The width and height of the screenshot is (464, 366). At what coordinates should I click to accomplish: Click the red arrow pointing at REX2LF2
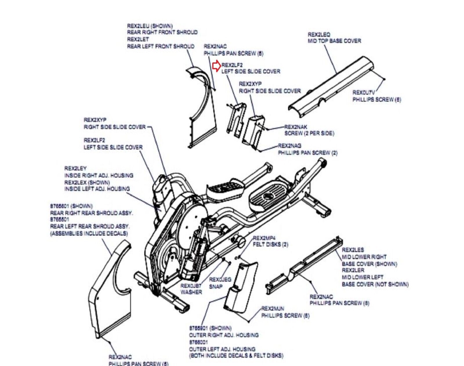[216, 66]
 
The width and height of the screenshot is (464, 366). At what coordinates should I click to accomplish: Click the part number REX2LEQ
[319, 35]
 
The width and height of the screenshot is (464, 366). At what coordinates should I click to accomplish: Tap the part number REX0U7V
[363, 93]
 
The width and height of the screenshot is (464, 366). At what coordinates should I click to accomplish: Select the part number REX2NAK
[296, 127]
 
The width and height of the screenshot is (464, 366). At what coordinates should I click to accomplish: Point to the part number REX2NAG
[289, 146]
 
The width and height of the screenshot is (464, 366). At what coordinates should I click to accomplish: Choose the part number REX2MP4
[264, 238]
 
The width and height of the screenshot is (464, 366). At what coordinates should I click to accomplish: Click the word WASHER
[191, 292]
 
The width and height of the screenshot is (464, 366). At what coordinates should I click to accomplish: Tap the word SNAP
[216, 286]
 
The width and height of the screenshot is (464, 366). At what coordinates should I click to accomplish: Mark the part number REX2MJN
[273, 308]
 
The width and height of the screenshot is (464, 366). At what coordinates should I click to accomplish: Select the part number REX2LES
[353, 250]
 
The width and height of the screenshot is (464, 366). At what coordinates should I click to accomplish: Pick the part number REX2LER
[353, 270]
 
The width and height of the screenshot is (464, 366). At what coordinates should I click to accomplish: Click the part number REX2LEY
[75, 168]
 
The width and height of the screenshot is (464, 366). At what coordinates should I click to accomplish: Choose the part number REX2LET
[138, 39]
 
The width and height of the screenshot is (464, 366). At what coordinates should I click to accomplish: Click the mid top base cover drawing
[331, 84]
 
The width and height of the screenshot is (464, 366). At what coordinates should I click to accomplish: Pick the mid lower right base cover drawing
[304, 264]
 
